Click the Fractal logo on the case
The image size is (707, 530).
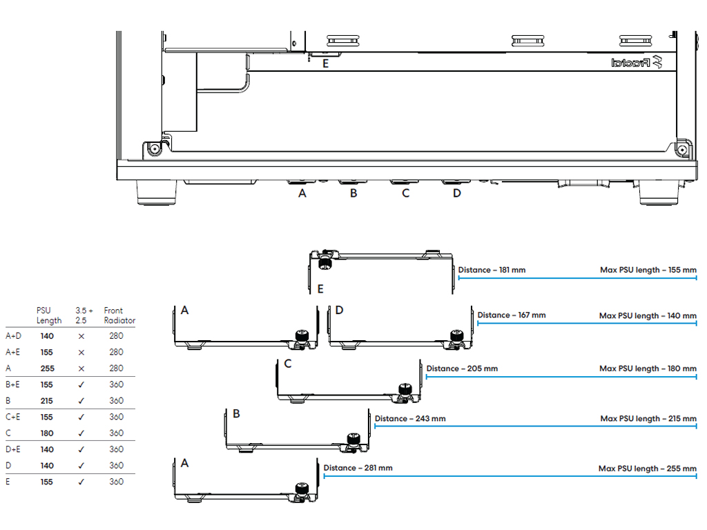click(637, 63)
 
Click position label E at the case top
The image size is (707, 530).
click(326, 64)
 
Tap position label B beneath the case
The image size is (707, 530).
click(354, 193)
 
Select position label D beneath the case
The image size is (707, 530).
click(457, 193)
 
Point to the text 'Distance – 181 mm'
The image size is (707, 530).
click(492, 270)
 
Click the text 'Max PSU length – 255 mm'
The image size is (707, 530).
click(648, 469)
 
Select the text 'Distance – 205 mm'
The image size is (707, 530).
click(462, 369)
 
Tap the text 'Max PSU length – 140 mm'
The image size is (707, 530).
click(648, 316)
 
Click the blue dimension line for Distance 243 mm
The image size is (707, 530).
click(536, 426)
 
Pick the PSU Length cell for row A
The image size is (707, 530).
click(48, 369)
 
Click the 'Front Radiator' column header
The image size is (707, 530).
click(119, 315)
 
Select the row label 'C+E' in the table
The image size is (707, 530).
click(12, 417)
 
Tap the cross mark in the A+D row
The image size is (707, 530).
click(81, 336)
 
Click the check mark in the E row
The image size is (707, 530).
click(81, 482)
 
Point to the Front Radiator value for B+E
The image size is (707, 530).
click(116, 384)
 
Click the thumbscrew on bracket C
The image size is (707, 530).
click(405, 391)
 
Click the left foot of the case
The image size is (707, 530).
click(157, 193)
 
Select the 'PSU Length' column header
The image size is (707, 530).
click(49, 315)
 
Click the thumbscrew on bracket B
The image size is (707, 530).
click(353, 440)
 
